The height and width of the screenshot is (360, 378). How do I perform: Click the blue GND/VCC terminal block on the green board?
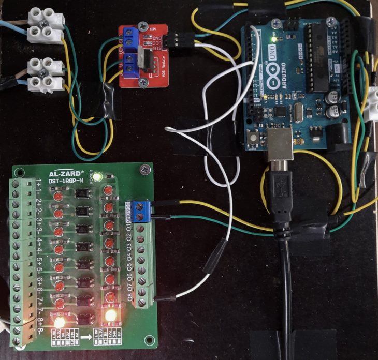tap(141, 210)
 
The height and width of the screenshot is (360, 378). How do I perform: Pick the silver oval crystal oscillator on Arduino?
tap(297, 112)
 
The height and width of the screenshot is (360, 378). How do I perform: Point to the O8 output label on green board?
tap(129, 298)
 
